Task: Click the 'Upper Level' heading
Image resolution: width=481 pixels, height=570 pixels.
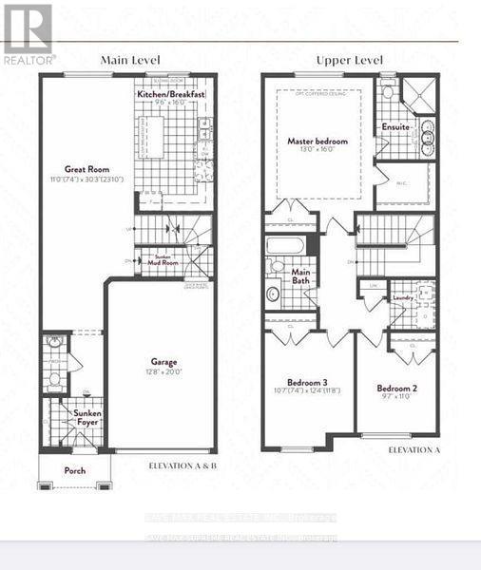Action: point(349,60)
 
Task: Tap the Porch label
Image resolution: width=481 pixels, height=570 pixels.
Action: point(74,470)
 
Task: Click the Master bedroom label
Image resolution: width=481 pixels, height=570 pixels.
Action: point(317,141)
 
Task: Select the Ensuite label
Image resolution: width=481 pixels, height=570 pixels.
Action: point(394,126)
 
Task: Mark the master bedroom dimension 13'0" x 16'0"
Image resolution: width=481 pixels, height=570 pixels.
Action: point(317,151)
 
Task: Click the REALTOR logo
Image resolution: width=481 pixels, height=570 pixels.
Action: point(28,34)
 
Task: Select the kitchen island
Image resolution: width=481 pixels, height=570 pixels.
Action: point(152,139)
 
